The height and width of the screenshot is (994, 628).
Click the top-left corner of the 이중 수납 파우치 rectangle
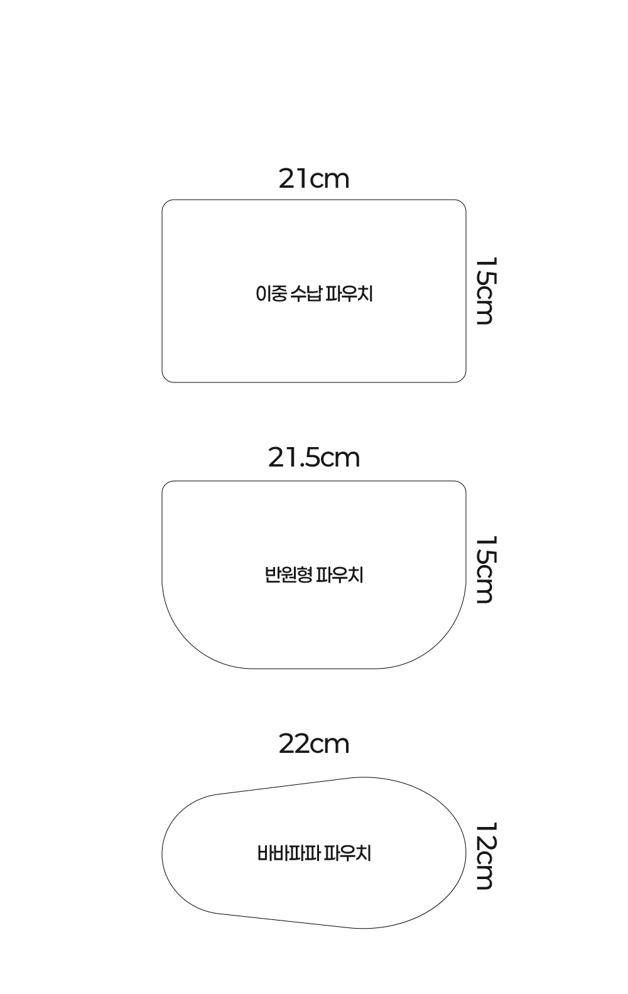[163, 200]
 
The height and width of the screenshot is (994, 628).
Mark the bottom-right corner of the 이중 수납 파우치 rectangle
[465, 382]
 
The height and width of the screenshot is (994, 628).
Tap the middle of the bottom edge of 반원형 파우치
[314, 668]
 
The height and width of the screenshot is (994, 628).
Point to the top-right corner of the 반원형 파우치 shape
[465, 482]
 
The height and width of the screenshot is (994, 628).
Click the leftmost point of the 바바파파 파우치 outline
[162, 853]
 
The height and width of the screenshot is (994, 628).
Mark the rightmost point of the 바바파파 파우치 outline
[466, 853]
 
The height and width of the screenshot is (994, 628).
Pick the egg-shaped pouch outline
[162, 853]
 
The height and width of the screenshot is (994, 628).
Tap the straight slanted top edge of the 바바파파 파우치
[288, 786]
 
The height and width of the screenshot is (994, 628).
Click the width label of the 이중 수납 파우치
[314, 178]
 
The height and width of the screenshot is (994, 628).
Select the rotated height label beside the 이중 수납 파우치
[485, 291]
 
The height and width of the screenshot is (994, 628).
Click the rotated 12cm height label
[485, 856]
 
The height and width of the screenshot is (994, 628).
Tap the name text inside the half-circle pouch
[314, 575]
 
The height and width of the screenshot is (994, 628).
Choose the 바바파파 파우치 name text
[314, 853]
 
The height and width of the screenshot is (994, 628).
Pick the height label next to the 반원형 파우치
[485, 570]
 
